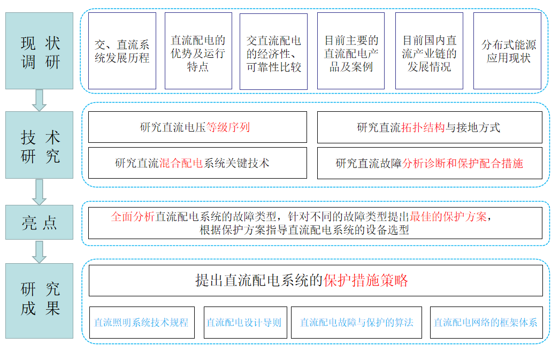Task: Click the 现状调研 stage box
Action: coord(39,51)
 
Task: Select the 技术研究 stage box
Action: coord(39,145)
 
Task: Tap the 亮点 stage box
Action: coord(39,222)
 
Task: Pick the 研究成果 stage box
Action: coord(39,301)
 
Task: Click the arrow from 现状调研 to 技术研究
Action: coord(39,100)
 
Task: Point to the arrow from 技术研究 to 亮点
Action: coord(39,192)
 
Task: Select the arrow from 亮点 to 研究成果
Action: coord(39,251)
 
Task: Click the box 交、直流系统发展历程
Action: coord(122,51)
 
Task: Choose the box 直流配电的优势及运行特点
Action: coord(198,51)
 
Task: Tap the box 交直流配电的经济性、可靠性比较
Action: coord(273,52)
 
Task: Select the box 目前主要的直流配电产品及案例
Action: coord(351,51)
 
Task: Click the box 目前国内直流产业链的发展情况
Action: coord(429,51)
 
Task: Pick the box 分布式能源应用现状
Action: coord(507,51)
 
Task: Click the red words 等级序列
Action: coord(228,127)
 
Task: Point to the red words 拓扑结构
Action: coord(423,127)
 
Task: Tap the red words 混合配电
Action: coord(181,163)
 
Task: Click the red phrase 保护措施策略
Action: coord(366,280)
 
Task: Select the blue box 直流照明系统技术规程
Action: coord(142,323)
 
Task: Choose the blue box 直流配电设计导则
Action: coord(246,323)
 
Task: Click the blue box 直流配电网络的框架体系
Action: coord(486,323)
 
